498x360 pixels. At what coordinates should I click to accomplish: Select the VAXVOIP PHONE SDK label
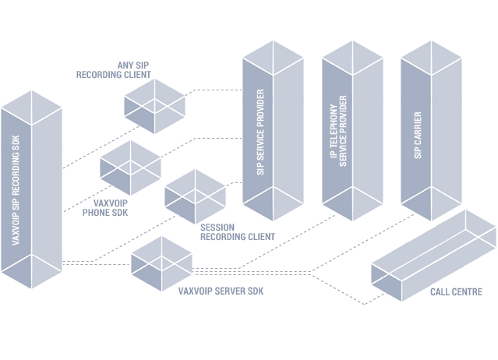107,206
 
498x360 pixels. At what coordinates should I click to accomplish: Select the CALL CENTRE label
456,292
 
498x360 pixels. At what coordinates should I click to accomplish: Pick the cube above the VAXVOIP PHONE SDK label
130,166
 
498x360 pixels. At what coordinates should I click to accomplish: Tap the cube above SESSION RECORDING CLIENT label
196,195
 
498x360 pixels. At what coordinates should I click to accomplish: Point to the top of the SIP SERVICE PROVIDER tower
272,55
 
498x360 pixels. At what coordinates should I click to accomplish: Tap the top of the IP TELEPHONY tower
351,55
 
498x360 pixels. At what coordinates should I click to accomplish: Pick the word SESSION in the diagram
217,227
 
